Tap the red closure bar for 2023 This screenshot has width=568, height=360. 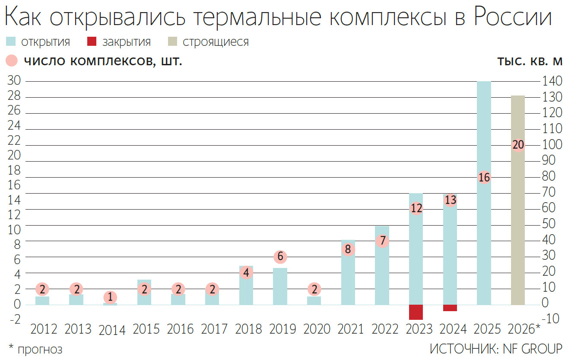pos(416,312)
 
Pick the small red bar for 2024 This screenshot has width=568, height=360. pos(450,308)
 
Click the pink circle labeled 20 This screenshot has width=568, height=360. pos(518,145)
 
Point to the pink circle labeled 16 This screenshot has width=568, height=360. pos(484,177)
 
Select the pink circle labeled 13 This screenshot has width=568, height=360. pos(450,200)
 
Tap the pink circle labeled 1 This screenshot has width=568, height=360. pos(110,297)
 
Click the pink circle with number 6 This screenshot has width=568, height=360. pos(280,257)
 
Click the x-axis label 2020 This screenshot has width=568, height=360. pos(317,329)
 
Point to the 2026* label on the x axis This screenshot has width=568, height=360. pos(524,329)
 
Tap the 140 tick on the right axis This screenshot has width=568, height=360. pos(552,81)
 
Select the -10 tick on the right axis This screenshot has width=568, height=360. pos(552,319)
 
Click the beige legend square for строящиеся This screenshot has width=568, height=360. pos(172,42)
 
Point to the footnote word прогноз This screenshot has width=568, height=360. pos(40,349)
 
